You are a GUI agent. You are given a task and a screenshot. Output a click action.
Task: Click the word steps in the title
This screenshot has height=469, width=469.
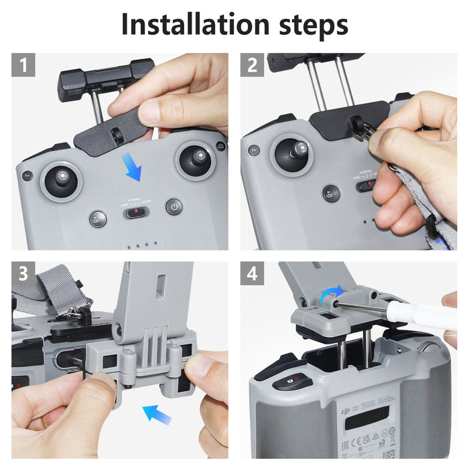[308, 25]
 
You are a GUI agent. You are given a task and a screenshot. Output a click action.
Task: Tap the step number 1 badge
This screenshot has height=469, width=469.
[23, 66]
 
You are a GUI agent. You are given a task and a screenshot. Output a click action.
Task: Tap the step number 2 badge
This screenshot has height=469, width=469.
[252, 66]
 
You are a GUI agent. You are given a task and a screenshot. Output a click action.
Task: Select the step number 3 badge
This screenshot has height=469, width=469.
[23, 273]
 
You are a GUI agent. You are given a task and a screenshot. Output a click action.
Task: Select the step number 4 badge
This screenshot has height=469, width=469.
[252, 273]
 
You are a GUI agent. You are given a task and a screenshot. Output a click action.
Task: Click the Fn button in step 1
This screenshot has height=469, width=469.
[27, 176]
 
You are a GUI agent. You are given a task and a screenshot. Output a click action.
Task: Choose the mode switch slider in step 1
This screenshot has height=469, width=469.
[135, 213]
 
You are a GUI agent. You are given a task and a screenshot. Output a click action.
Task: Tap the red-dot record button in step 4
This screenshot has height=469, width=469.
[289, 384]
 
